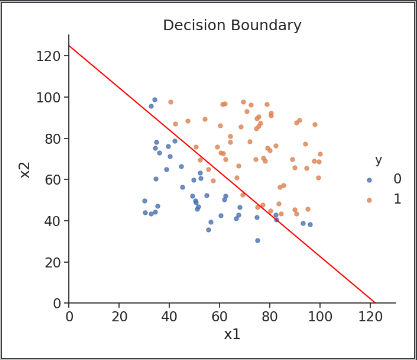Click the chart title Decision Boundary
point(232,25)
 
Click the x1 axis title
point(232,334)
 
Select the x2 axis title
point(25,168)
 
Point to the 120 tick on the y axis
point(47,56)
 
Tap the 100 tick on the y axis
point(47,97)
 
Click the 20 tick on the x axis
point(119,317)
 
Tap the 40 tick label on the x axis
point(169,317)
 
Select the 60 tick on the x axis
point(219,317)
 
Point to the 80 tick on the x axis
point(269,317)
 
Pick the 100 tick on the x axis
point(320,317)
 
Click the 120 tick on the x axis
point(370,317)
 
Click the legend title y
point(378,160)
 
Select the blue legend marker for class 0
point(369,180)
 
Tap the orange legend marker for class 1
point(369,200)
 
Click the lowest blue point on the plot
point(257,240)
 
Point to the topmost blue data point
point(154,100)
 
